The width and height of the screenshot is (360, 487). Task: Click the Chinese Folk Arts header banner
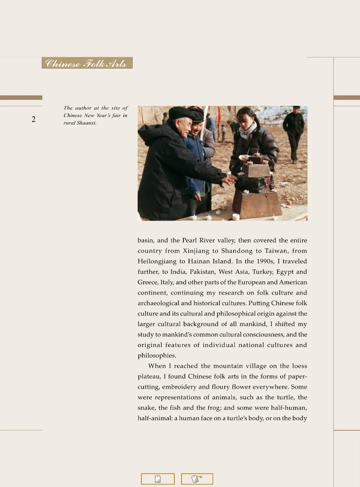click(87, 63)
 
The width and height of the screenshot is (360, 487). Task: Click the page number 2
click(33, 119)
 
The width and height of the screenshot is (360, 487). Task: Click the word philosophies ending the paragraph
click(157, 355)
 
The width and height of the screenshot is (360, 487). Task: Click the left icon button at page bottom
click(158, 479)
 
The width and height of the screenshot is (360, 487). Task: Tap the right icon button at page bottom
click(197, 479)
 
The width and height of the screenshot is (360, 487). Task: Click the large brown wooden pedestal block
click(256, 204)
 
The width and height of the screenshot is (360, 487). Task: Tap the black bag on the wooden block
click(250, 183)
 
